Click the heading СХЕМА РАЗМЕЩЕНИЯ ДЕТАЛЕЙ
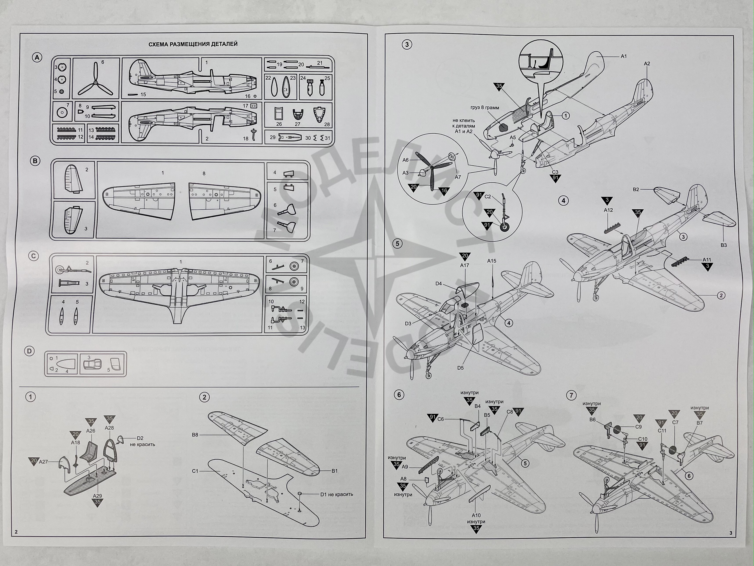pos(193,44)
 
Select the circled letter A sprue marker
pos(37,58)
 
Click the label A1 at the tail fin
pos(623,56)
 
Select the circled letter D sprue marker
pos(30,351)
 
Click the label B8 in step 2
pos(195,435)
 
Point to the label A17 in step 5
pos(465,265)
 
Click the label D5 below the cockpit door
pos(461,368)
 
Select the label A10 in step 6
pos(476,515)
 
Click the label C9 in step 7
pos(639,427)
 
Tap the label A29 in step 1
pos(98,496)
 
